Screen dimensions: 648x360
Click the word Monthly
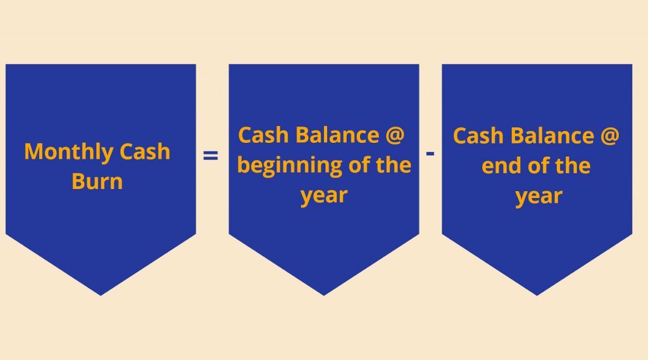(x=68, y=152)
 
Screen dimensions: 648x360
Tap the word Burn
(x=97, y=182)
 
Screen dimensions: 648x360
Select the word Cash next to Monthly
(x=145, y=151)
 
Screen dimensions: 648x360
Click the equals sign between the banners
(x=210, y=156)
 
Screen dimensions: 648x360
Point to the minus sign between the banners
(x=430, y=154)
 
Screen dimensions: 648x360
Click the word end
(x=502, y=166)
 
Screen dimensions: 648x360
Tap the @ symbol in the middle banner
(x=395, y=135)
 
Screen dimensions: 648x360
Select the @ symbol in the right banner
(x=609, y=136)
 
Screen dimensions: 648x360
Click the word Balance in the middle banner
(x=337, y=135)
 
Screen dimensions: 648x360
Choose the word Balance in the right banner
(x=552, y=135)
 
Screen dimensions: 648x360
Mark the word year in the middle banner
(x=324, y=196)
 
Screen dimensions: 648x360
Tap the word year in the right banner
(x=539, y=197)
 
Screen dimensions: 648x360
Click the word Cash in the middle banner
(x=263, y=135)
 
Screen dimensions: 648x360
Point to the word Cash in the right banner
(x=478, y=135)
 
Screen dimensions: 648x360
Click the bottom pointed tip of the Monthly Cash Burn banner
(x=101, y=295)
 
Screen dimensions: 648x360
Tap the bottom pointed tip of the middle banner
(x=323, y=295)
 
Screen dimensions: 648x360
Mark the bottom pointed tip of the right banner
(x=537, y=295)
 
